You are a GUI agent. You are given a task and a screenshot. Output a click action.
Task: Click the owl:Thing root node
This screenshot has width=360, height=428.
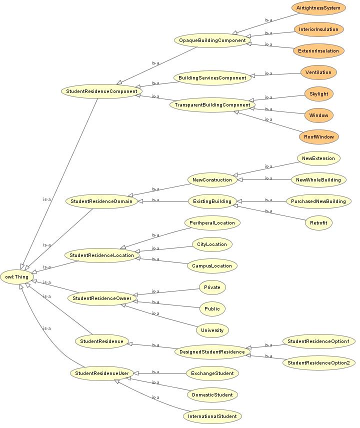[17, 277]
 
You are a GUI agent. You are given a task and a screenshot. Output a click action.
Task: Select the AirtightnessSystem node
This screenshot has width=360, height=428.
[318, 8]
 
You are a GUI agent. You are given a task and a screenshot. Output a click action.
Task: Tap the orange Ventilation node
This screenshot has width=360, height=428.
[318, 72]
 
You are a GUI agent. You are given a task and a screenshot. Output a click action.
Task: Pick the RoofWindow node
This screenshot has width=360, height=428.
[318, 137]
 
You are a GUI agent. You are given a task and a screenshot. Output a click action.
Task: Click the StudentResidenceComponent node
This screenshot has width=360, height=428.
[101, 91]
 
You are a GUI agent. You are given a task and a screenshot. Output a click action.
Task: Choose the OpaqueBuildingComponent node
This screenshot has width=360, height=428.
[212, 40]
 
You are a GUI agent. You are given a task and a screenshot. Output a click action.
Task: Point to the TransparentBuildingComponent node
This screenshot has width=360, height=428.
[212, 105]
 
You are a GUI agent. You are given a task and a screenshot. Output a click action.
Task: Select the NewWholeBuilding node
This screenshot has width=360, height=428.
[318, 180]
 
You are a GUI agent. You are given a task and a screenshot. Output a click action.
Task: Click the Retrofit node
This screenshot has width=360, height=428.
[318, 222]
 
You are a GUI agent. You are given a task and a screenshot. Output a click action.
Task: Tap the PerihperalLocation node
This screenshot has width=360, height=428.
[212, 222]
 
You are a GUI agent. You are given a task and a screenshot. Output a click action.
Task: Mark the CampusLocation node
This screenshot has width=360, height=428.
[212, 266]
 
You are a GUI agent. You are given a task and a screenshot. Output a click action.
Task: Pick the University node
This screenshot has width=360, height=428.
[212, 330]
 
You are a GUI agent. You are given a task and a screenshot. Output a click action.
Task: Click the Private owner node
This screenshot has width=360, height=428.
[212, 287]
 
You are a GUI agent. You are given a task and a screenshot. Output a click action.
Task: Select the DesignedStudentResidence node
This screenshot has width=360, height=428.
[212, 352]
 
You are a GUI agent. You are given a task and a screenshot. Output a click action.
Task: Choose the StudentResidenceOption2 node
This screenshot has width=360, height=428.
[318, 363]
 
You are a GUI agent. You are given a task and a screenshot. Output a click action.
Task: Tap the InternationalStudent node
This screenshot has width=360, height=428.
[212, 416]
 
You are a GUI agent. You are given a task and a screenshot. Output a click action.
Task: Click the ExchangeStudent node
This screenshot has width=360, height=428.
[212, 373]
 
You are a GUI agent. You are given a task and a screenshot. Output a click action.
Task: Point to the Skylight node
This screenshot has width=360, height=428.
[318, 94]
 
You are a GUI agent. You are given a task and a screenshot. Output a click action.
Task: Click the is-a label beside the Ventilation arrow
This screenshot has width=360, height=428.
[268, 73]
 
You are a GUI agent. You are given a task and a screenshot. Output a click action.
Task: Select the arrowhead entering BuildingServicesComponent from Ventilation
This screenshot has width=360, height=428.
[252, 76]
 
